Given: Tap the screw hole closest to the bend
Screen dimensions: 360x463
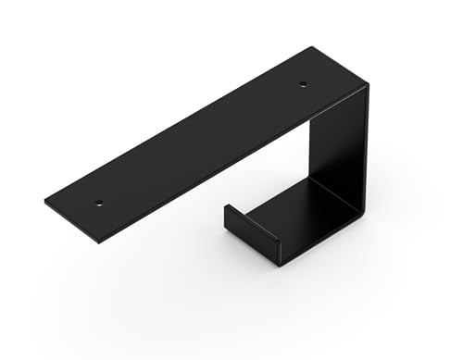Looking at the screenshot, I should [x=303, y=85].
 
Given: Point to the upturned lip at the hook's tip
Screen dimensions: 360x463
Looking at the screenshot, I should [x=251, y=232].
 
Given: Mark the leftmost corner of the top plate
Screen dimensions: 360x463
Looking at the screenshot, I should [x=44, y=200].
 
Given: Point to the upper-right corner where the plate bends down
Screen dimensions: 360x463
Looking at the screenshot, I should [x=367, y=85].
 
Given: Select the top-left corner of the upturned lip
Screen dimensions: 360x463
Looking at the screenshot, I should [x=225, y=205].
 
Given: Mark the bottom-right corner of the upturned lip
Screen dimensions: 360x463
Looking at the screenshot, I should [x=279, y=262].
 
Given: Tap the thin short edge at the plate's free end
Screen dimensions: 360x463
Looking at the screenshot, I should [x=71, y=223].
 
